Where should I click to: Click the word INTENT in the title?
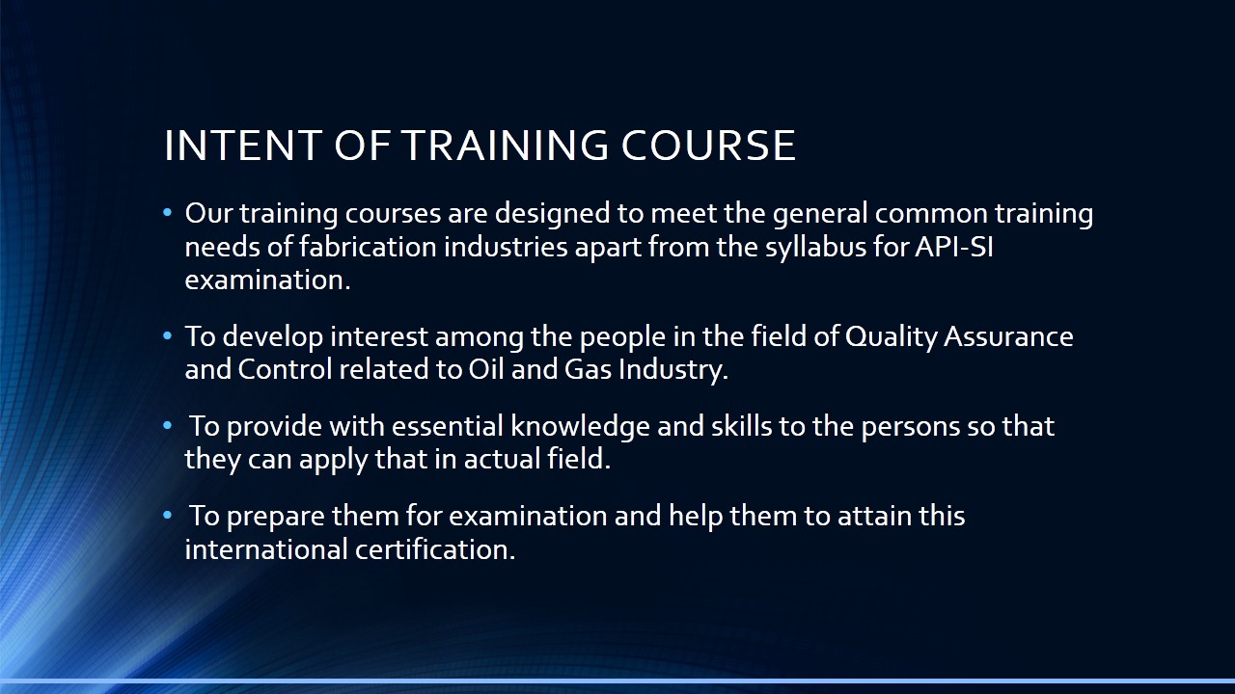tap(243, 146)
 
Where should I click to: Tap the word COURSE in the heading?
tap(708, 146)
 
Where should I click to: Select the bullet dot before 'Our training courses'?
tap(168, 213)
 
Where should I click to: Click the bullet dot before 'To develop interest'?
tap(168, 336)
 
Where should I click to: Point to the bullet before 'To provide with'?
tap(168, 426)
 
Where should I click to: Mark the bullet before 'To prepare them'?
tap(168, 516)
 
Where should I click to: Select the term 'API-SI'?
tap(954, 247)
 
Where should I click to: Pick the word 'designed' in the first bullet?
tap(553, 215)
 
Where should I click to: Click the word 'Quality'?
tap(891, 337)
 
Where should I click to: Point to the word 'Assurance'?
tap(1008, 336)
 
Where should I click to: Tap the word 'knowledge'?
tap(580, 427)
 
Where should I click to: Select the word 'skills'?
tap(742, 426)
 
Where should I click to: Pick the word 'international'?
tap(266, 549)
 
